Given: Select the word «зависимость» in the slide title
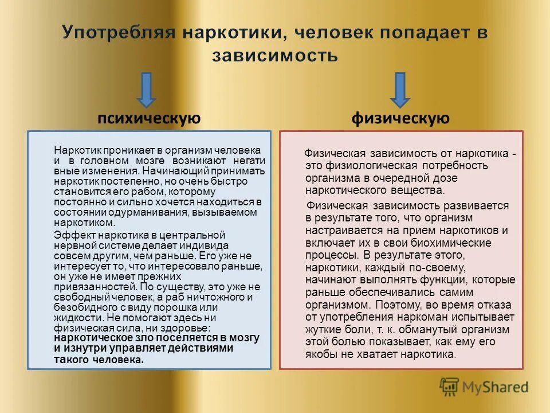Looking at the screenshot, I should (275, 56).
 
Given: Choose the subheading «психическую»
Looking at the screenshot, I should (149, 119).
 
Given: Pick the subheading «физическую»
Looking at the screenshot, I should (400, 119).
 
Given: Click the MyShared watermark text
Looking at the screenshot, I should (496, 387).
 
